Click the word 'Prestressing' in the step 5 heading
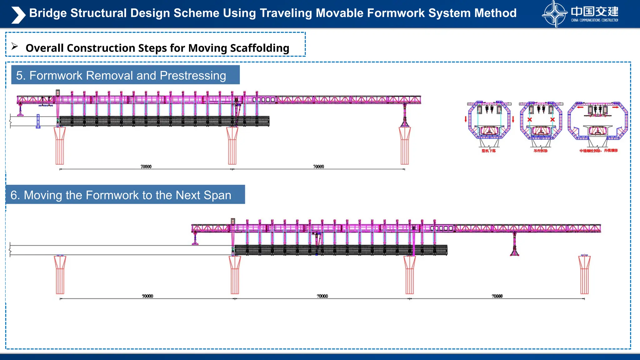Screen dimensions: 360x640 (193, 76)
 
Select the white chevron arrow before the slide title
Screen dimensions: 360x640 (18, 15)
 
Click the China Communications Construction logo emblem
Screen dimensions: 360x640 (554, 14)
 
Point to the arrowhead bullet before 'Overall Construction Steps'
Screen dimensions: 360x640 (15, 47)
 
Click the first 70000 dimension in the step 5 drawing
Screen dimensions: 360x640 (146, 167)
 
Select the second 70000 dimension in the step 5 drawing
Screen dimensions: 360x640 (318, 167)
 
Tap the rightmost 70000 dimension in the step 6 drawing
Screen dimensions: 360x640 (497, 296)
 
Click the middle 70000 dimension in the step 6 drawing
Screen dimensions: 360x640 (322, 296)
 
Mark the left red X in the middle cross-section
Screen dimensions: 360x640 (530, 120)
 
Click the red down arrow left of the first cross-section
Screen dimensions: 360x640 (466, 119)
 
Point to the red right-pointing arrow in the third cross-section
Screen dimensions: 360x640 (615, 107)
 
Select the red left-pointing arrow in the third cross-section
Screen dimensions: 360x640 (580, 107)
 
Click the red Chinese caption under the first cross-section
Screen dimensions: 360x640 (488, 151)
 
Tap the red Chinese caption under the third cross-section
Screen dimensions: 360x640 (598, 151)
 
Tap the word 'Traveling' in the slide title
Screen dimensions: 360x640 (286, 13)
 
